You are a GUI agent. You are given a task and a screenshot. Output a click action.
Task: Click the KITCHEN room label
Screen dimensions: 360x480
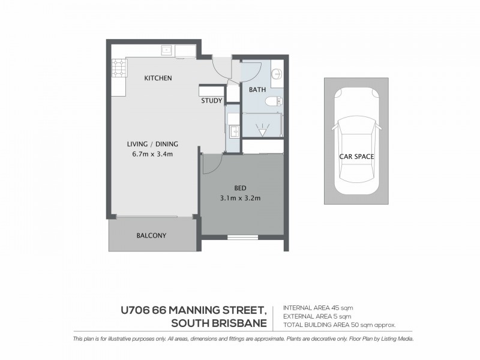[158, 78]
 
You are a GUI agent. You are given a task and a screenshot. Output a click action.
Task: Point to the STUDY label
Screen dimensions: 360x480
[212, 101]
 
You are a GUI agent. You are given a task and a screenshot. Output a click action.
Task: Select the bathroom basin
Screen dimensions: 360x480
[277, 74]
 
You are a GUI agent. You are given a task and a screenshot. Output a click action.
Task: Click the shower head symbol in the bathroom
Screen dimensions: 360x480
[262, 128]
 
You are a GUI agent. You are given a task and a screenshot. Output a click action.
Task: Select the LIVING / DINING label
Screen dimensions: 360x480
[152, 143]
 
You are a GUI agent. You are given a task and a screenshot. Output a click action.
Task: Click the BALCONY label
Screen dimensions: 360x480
[151, 236]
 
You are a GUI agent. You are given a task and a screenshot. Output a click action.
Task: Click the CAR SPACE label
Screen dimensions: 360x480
[357, 157]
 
